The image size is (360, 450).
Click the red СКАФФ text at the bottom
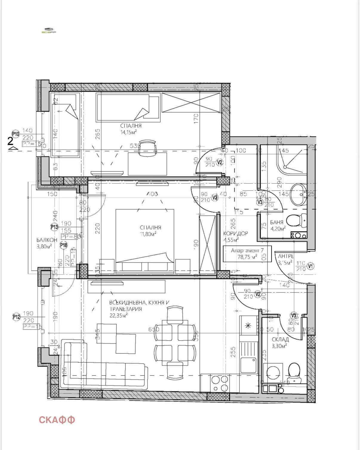point(57,420)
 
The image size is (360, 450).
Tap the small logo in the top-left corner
point(49,31)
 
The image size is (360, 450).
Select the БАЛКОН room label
point(47,240)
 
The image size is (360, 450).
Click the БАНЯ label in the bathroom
point(277,222)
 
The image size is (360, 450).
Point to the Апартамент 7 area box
point(247,254)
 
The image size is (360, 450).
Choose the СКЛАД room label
point(280,339)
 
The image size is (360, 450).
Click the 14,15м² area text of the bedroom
point(129,132)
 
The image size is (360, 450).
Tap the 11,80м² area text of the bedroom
point(148,234)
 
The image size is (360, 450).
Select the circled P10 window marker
point(16,134)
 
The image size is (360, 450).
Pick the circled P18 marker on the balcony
point(64,245)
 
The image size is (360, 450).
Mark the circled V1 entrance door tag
point(311,266)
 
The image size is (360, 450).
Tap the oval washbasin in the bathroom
point(299,195)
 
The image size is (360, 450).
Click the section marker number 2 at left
point(10,141)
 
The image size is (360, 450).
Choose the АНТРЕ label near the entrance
point(286,256)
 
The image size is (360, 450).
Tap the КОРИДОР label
point(236,233)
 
